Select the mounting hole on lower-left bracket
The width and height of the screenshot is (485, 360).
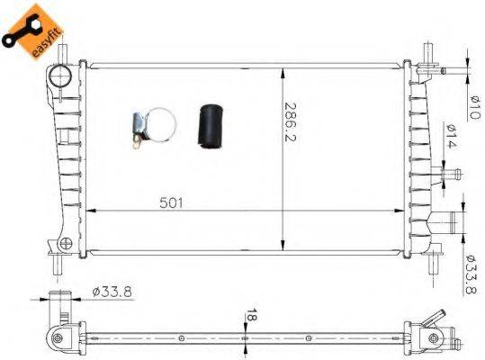tap(65, 243)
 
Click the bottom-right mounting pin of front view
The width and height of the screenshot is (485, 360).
tap(434, 262)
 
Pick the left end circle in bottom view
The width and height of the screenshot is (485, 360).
tap(58, 338)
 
